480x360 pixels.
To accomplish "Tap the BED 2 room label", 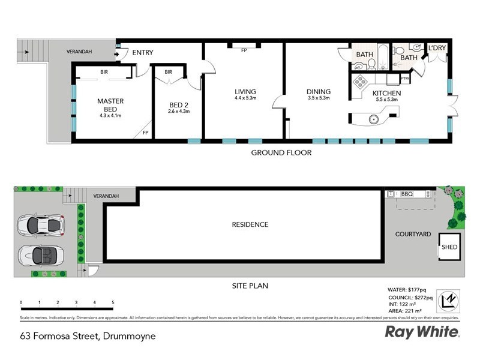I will (179, 106).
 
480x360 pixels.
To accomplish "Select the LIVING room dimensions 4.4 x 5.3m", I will (245, 98).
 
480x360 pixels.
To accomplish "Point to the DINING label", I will (319, 92).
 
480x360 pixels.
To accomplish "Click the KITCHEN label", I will (386, 93).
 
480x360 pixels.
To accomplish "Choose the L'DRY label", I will (436, 49).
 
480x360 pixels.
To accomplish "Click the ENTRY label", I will (143, 53).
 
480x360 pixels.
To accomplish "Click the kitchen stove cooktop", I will (359, 82).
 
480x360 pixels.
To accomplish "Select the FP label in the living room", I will (244, 50).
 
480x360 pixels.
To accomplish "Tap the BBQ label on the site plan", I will (407, 194).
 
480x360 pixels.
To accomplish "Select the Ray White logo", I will (422, 332).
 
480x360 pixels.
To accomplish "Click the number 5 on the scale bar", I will (113, 303).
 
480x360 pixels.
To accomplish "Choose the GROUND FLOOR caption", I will (281, 153).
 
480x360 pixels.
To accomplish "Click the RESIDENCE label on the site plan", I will (250, 225).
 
